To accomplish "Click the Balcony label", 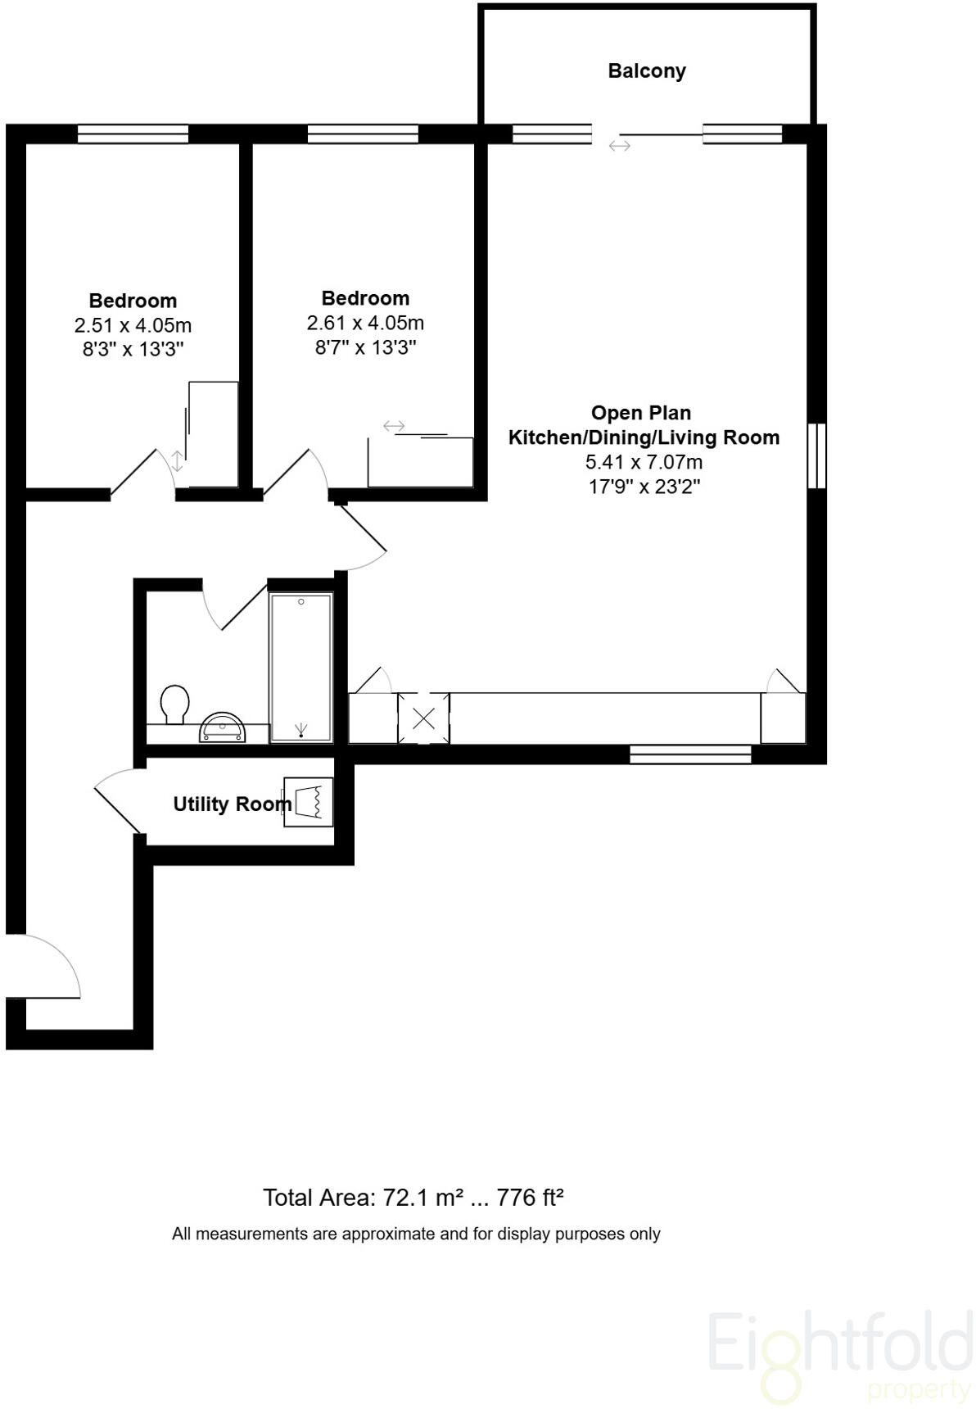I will point(646,71).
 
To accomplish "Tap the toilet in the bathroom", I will point(175,704).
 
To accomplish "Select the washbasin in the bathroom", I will point(222,727).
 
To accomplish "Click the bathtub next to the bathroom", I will point(301,668).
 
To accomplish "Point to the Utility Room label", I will point(232,804).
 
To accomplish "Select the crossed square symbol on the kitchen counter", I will point(423,719).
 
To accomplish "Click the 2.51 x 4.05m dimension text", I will point(133,325).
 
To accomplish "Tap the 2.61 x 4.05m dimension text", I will point(365,323).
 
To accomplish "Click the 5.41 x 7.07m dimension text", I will point(644,462).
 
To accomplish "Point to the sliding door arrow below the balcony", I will point(620,146).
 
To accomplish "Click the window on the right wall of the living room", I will point(816,455).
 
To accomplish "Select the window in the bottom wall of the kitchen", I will point(690,754).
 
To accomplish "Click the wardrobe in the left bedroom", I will point(213,434).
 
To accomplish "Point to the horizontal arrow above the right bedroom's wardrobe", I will point(394,426).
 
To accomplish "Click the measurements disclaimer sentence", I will point(416,1234).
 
